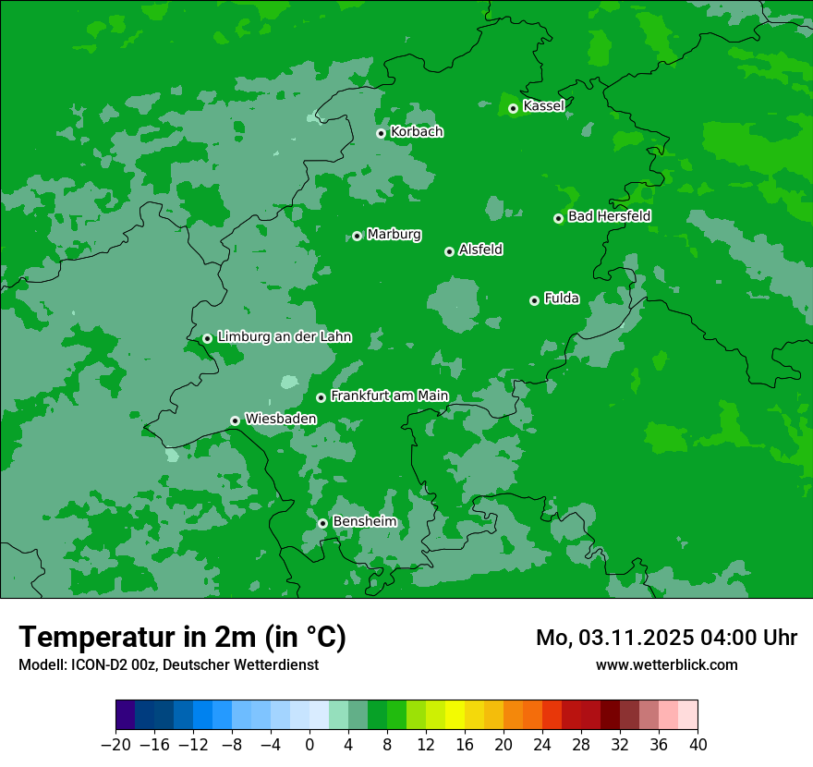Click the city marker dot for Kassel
(513, 108)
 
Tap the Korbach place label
(417, 132)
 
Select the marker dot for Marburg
(357, 236)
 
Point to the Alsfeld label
(480, 250)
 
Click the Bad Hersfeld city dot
(558, 218)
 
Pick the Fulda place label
(562, 298)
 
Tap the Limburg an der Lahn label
(285, 337)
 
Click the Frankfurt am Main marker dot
(321, 397)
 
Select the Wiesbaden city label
(281, 419)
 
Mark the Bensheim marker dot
(322, 523)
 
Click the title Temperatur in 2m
(182, 638)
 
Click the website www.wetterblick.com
(666, 664)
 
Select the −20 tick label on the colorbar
(115, 745)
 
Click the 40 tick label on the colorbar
(698, 745)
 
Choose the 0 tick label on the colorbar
(309, 745)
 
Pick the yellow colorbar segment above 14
(455, 715)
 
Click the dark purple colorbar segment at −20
(125, 715)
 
